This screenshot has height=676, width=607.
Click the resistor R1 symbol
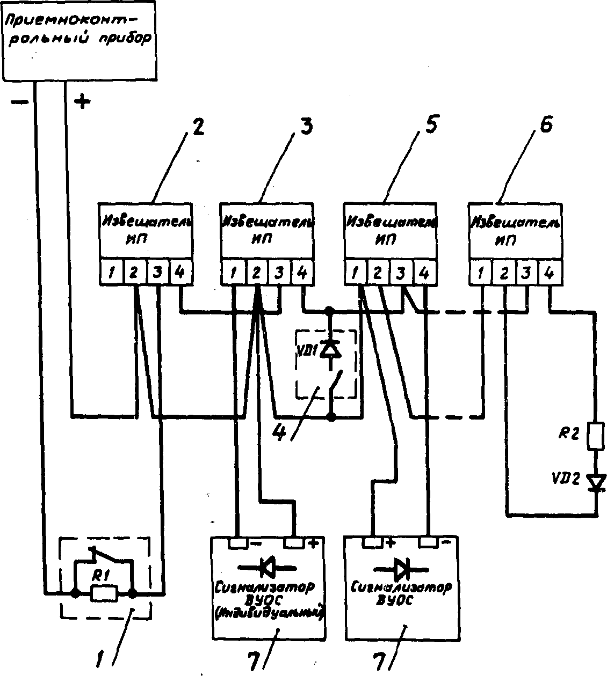103,593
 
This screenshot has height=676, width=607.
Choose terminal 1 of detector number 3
234,274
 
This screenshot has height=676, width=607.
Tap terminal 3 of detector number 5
401,274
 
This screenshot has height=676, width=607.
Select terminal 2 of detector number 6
504,274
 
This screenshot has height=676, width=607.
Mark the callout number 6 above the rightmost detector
544,128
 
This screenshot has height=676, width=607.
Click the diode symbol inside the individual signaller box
267,565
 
